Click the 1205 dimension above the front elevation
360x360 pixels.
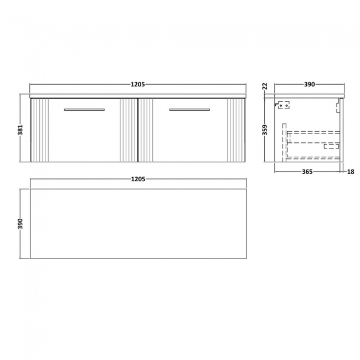click(138, 84)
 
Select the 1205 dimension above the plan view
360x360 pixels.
click(138, 179)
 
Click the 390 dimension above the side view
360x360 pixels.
click(309, 84)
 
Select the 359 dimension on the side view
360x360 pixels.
click(265, 130)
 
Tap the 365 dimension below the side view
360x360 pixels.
click(307, 172)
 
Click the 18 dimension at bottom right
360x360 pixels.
click(350, 172)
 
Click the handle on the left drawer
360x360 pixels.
click(84, 110)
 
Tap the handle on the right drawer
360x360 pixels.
click(189, 110)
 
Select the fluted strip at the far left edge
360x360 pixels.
click(40, 130)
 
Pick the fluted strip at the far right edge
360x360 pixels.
click(235, 130)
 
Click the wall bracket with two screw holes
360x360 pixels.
click(283, 104)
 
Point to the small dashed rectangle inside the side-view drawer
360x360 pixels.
click(331, 146)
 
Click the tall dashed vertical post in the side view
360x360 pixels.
click(285, 141)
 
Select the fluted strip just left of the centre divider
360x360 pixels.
click(128, 130)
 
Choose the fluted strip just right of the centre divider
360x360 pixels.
click(146, 130)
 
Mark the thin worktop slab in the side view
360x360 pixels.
click(310, 96)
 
